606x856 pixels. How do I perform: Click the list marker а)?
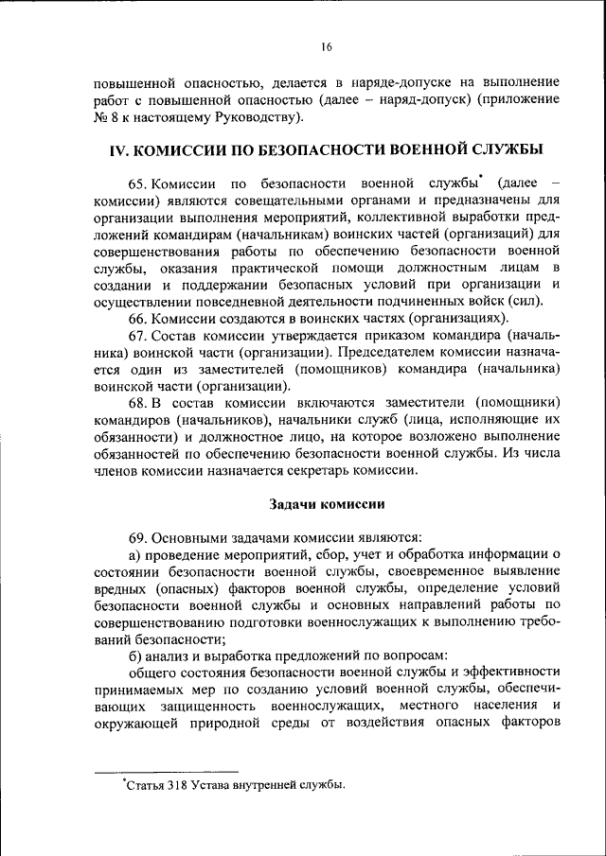(135, 554)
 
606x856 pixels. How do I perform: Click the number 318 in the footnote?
(182, 785)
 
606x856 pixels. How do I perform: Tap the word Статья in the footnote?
(144, 785)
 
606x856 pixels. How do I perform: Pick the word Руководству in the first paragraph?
(255, 116)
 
